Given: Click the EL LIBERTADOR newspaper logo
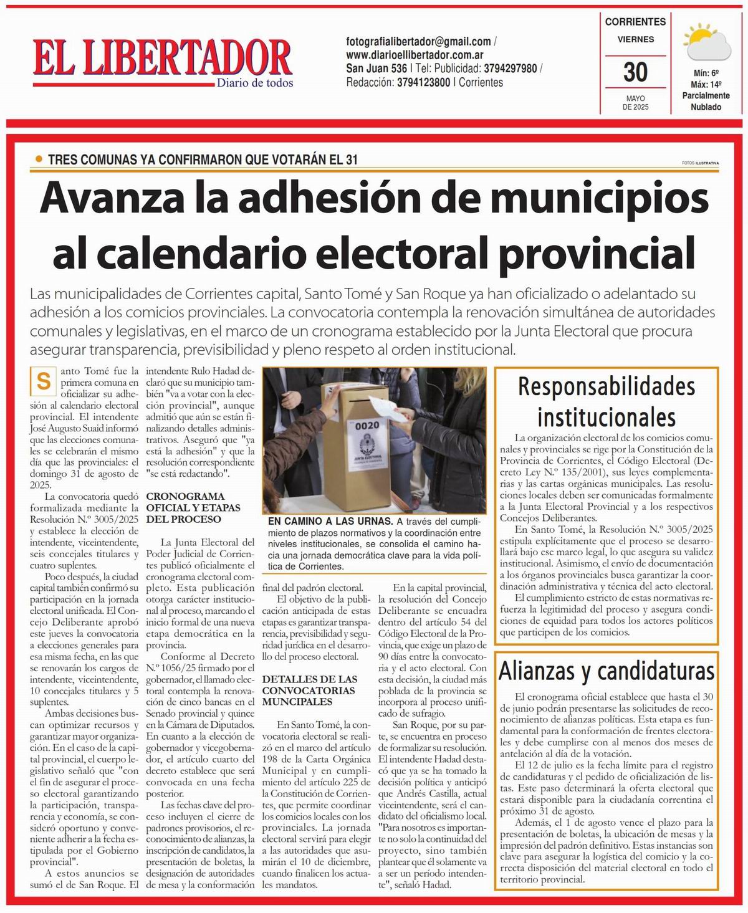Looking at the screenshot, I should pos(162,58).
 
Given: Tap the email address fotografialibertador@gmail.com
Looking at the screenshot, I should pos(419,42).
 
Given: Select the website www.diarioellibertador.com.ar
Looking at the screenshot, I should pos(415,55).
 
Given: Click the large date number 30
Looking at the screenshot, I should pos(635,72).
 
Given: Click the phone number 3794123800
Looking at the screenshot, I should pos(423,82).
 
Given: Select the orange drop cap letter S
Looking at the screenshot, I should pos(44,380).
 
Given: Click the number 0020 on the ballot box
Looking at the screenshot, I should pos(367,426).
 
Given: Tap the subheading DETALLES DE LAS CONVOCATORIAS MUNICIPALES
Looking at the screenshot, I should pos(309,690).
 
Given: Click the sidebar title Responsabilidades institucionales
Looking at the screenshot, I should pos(606,401).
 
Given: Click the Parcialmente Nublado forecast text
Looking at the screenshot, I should pos(706,101).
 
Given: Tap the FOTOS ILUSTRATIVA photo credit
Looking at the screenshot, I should pos(700,163).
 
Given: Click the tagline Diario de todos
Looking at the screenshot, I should pos(254,83).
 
